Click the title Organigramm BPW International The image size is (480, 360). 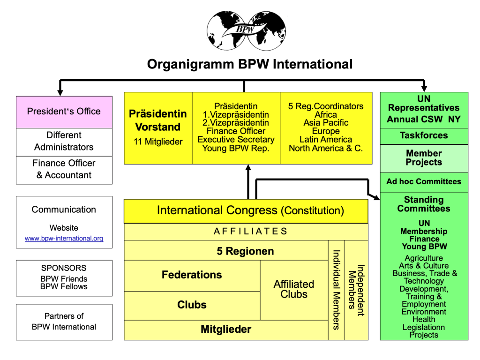click(x=249, y=64)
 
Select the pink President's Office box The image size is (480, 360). click(x=64, y=112)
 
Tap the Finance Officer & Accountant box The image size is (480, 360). click(x=64, y=169)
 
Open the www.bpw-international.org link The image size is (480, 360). click(x=64, y=239)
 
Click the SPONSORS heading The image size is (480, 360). click(x=64, y=268)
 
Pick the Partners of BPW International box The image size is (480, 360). click(x=64, y=322)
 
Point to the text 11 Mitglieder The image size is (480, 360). click(x=157, y=141)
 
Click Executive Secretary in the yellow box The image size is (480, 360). click(x=236, y=140)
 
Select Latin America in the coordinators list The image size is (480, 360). click(x=326, y=140)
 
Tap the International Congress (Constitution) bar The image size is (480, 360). click(x=246, y=211)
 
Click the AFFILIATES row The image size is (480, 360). click(x=246, y=231)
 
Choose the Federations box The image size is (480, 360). click(x=192, y=275)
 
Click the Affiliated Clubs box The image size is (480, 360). click(x=294, y=289)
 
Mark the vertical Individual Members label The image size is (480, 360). click(x=336, y=289)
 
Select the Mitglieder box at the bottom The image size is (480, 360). click(x=226, y=330)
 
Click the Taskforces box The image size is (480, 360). click(x=424, y=135)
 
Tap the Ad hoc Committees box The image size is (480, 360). click(x=424, y=182)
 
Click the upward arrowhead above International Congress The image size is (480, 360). click(x=248, y=168)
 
